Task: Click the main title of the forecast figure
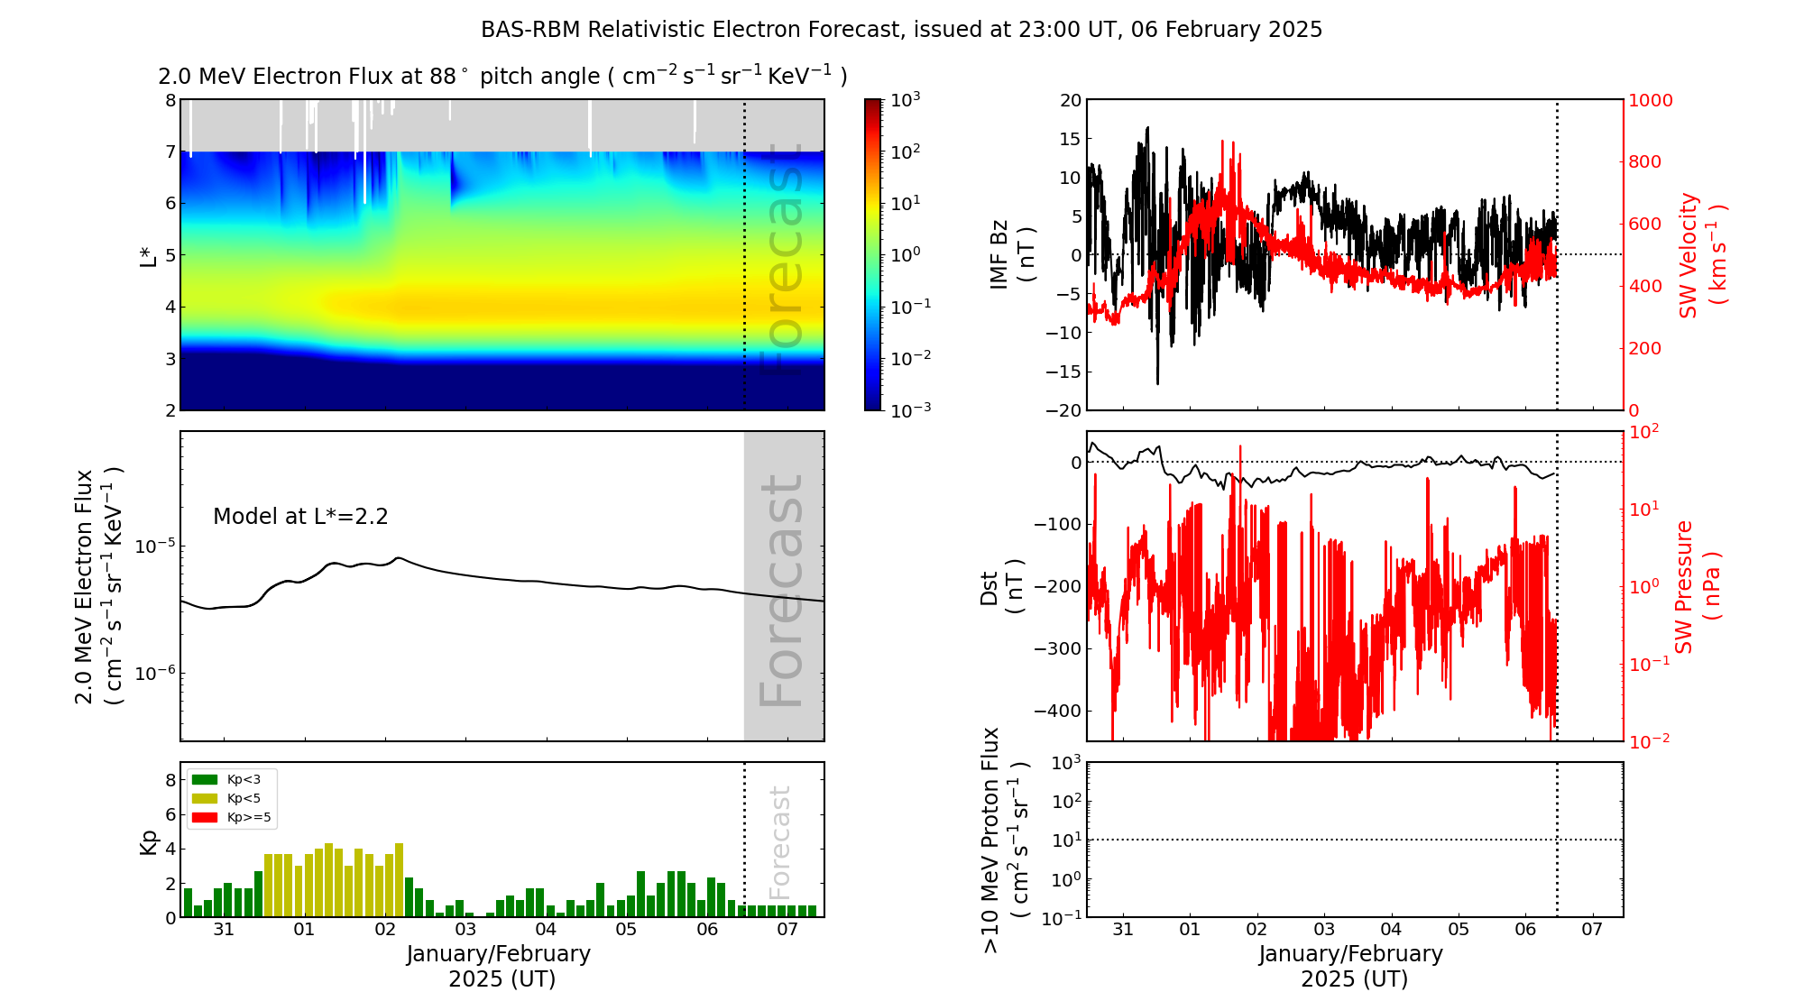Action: tap(901, 30)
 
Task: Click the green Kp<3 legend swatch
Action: tap(205, 779)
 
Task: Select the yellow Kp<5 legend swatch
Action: tap(205, 798)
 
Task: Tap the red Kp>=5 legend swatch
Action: tap(205, 818)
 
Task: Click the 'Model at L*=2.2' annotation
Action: tap(300, 517)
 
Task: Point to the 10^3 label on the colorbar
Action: tap(905, 99)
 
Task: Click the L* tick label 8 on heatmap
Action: tap(170, 100)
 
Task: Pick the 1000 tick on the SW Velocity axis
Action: tap(1650, 100)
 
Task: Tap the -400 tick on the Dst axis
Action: tap(1057, 711)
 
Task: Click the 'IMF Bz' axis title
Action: tap(1011, 255)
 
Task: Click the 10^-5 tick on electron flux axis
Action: tap(154, 547)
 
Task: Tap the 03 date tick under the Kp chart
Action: tap(465, 930)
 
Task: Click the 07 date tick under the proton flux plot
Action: tap(1592, 930)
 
